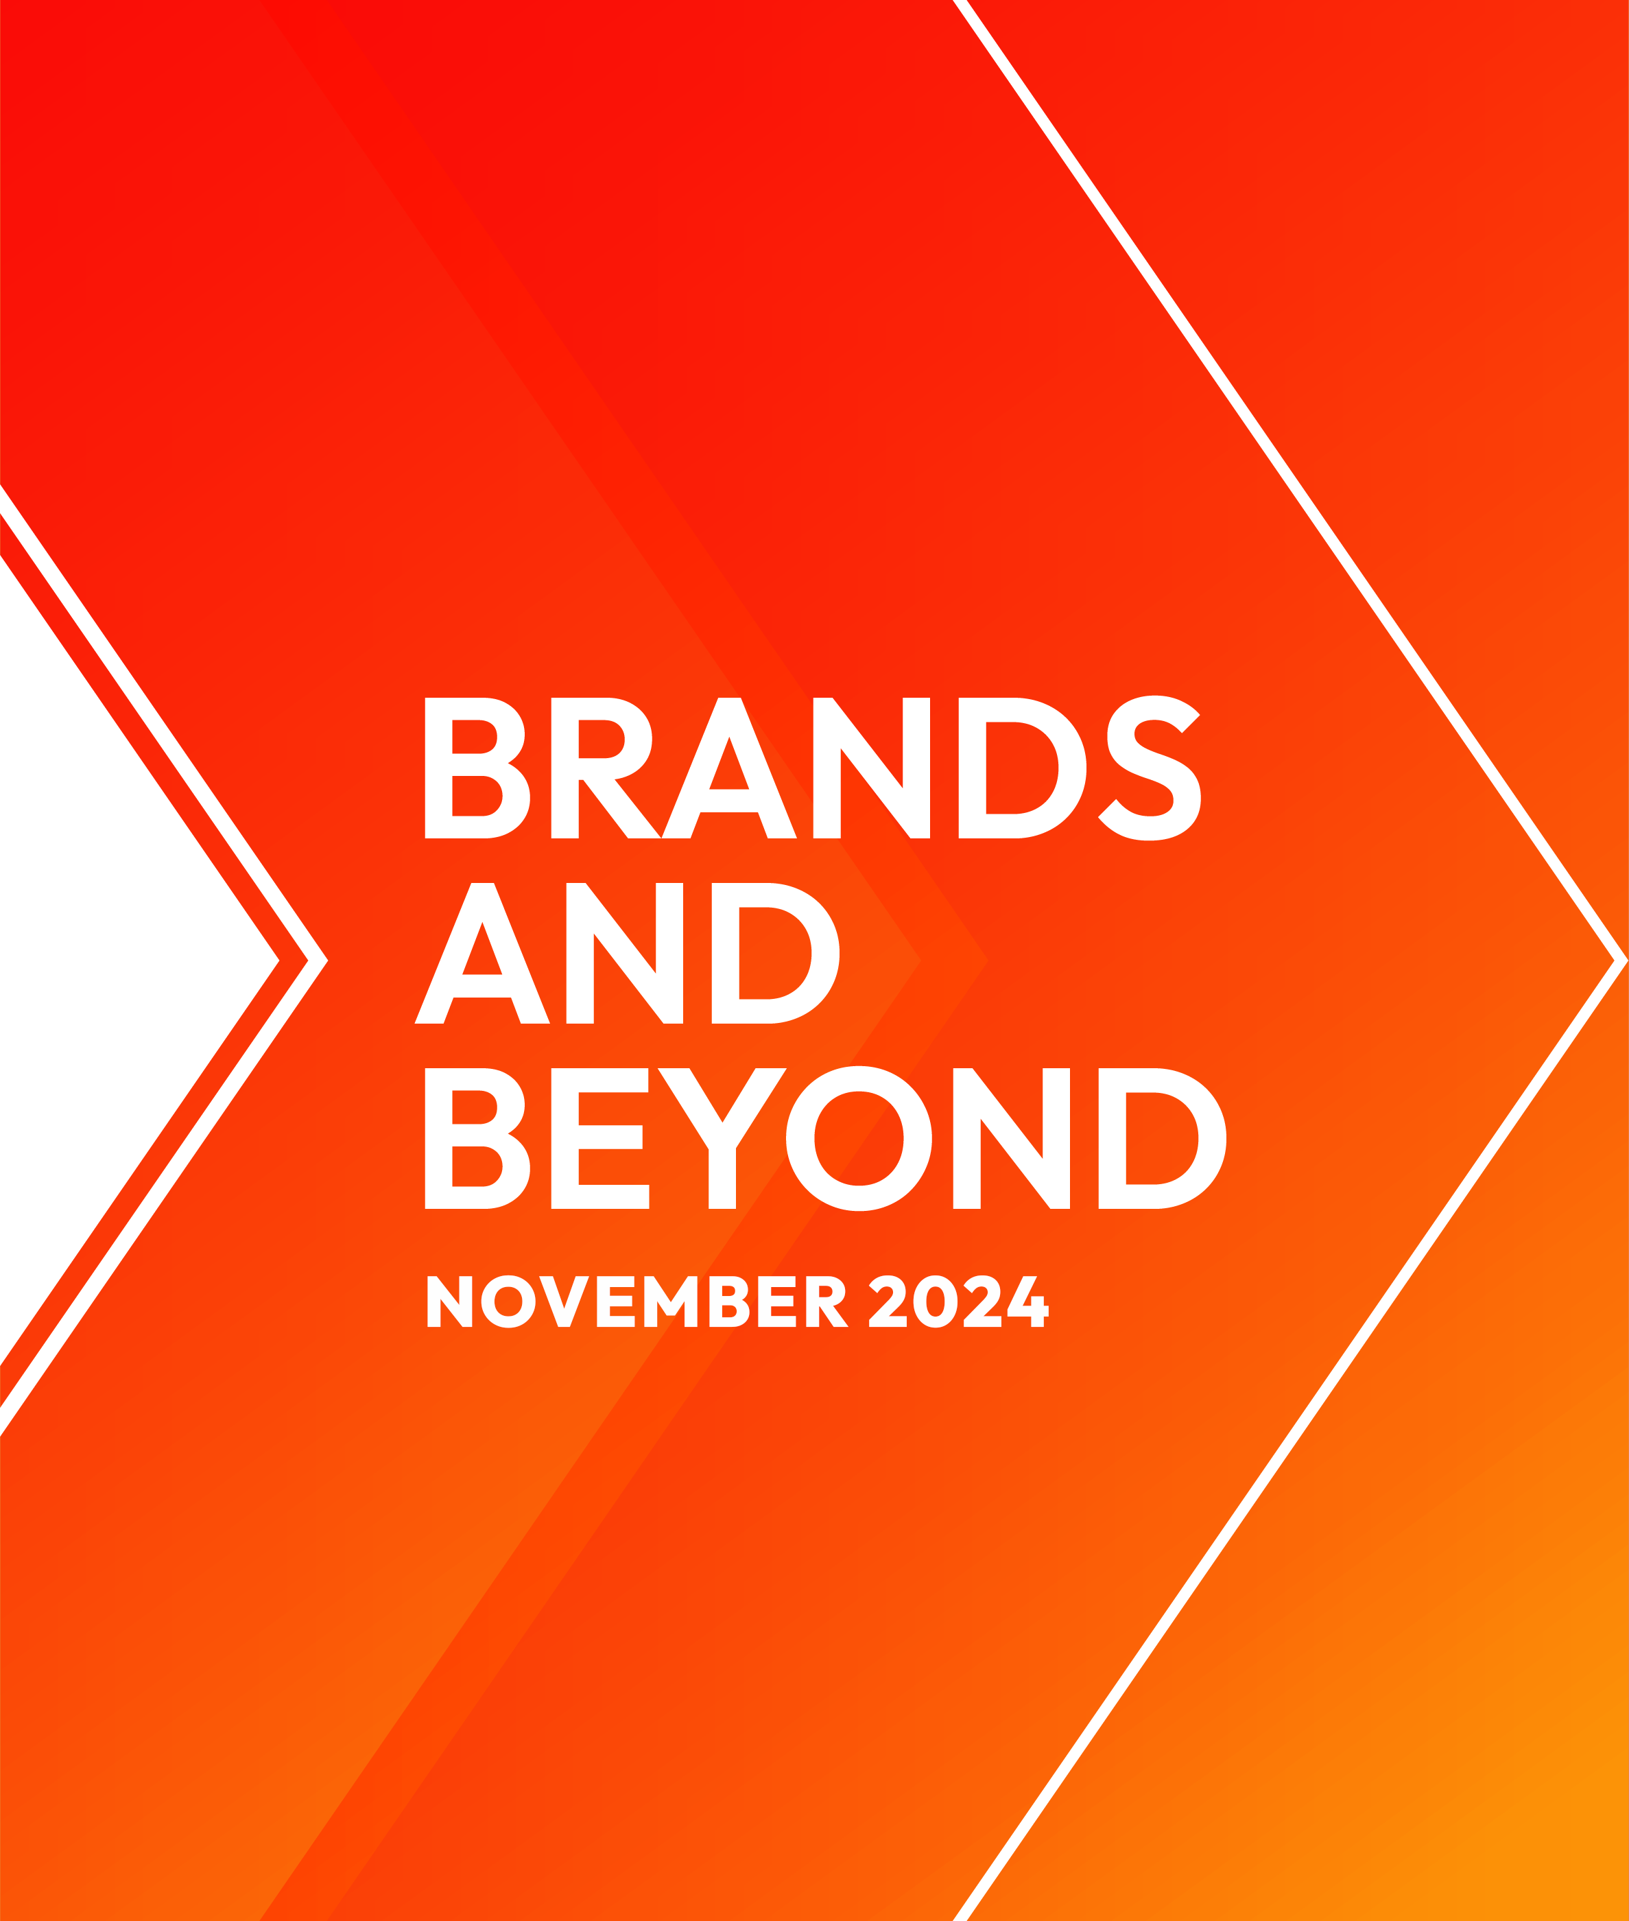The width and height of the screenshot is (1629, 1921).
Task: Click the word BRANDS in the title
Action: click(813, 768)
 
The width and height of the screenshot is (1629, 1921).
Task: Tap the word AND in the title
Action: click(627, 953)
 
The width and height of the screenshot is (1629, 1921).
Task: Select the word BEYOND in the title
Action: click(826, 1139)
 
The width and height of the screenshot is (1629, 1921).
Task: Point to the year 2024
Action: click(959, 1301)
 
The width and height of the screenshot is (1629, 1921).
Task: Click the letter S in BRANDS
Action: click(1150, 768)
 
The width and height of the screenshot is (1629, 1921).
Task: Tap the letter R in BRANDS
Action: click(606, 768)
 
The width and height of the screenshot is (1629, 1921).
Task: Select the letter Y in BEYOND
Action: click(722, 1139)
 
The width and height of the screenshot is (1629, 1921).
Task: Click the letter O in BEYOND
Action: click(859, 1139)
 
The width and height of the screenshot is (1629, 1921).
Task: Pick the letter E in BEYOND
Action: click(600, 1139)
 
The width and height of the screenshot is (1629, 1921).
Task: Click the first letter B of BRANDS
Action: click(477, 768)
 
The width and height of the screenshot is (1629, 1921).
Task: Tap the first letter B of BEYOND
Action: click(477, 1139)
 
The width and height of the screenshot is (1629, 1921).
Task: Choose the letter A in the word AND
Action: click(482, 953)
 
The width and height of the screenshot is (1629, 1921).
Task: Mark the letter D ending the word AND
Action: click(776, 953)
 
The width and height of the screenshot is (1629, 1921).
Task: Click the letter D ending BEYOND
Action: click(1163, 1139)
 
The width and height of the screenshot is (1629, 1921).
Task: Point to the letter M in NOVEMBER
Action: click(670, 1301)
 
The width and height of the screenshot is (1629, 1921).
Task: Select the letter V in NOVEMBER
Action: click(564, 1301)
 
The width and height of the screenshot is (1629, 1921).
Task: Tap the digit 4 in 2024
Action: click(1028, 1301)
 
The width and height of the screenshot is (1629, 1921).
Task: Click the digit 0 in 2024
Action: click(936, 1301)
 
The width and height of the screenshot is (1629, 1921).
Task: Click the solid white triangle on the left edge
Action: click(111, 960)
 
